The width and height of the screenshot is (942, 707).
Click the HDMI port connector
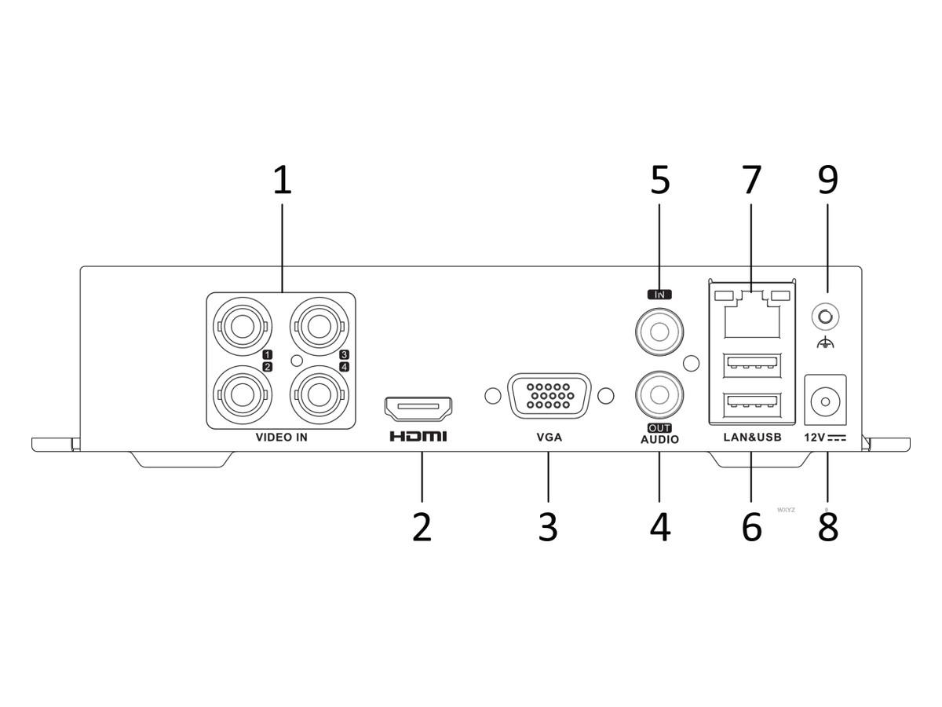tap(418, 408)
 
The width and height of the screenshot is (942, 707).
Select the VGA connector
tap(549, 396)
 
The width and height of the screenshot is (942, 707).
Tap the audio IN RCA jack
tap(659, 332)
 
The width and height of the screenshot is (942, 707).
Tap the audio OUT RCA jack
tap(659, 395)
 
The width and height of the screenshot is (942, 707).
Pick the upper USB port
tap(752, 365)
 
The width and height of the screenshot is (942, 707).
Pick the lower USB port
tap(752, 405)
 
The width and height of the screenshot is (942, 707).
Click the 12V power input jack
tap(825, 401)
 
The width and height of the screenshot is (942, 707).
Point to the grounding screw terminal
tap(825, 317)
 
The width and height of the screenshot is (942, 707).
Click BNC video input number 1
tap(243, 328)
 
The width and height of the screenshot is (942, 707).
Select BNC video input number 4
tap(319, 395)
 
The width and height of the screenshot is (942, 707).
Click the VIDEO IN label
tap(282, 438)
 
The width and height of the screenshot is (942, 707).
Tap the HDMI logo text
tap(418, 437)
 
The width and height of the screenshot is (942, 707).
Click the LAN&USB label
tap(752, 438)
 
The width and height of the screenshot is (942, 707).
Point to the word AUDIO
tap(659, 440)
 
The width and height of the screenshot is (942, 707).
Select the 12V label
tap(815, 438)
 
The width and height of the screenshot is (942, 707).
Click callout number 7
tap(751, 180)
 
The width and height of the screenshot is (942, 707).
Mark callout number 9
tap(828, 180)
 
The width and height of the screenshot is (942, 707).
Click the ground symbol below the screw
tap(825, 343)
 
